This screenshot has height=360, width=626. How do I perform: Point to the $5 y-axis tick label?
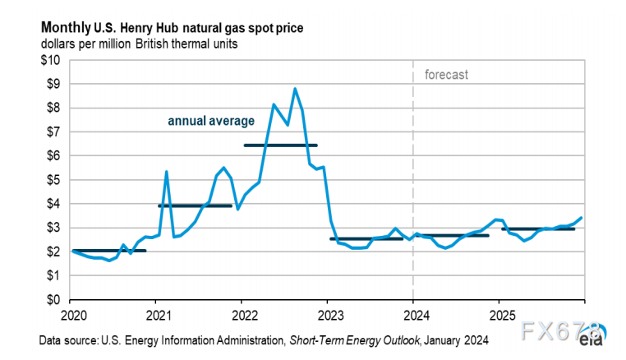pyautogui.click(x=53, y=180)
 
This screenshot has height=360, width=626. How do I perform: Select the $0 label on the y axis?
pyautogui.click(x=53, y=300)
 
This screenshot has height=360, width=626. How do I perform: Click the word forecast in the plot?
pyautogui.click(x=446, y=75)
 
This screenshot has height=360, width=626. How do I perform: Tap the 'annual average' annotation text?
pyautogui.click(x=211, y=121)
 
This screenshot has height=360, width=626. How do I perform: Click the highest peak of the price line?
pyautogui.click(x=295, y=89)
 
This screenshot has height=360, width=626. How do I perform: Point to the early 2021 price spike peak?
pyautogui.click(x=167, y=172)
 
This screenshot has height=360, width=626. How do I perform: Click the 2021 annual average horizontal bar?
pyautogui.click(x=195, y=205)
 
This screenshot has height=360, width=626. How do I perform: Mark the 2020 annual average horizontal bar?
pyautogui.click(x=109, y=251)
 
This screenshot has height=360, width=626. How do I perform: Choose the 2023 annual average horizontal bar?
pyautogui.click(x=366, y=238)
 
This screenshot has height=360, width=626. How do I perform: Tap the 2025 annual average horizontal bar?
pyautogui.click(x=538, y=229)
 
